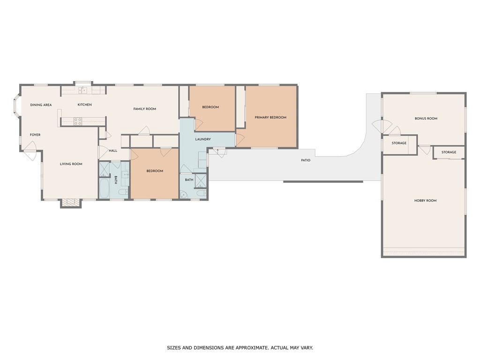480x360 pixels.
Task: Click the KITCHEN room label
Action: point(84,105)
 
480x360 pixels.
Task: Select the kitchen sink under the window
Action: point(82,90)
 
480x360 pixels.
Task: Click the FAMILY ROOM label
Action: point(145,109)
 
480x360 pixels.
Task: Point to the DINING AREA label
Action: point(41,105)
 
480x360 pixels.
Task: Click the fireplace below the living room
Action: point(71,203)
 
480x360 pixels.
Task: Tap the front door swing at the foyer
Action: point(31,150)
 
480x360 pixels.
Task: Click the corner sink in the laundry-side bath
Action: point(184,195)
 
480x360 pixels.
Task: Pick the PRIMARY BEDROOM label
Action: point(270,117)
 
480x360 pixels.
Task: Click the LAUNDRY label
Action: point(203,139)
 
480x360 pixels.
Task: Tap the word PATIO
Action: point(306,160)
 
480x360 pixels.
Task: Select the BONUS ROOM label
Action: point(426,119)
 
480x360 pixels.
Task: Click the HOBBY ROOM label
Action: point(426,201)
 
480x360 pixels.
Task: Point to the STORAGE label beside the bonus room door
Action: point(399,143)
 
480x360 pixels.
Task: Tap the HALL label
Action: point(113,150)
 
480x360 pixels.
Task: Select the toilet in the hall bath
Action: point(124,193)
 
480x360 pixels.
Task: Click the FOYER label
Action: point(35,135)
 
